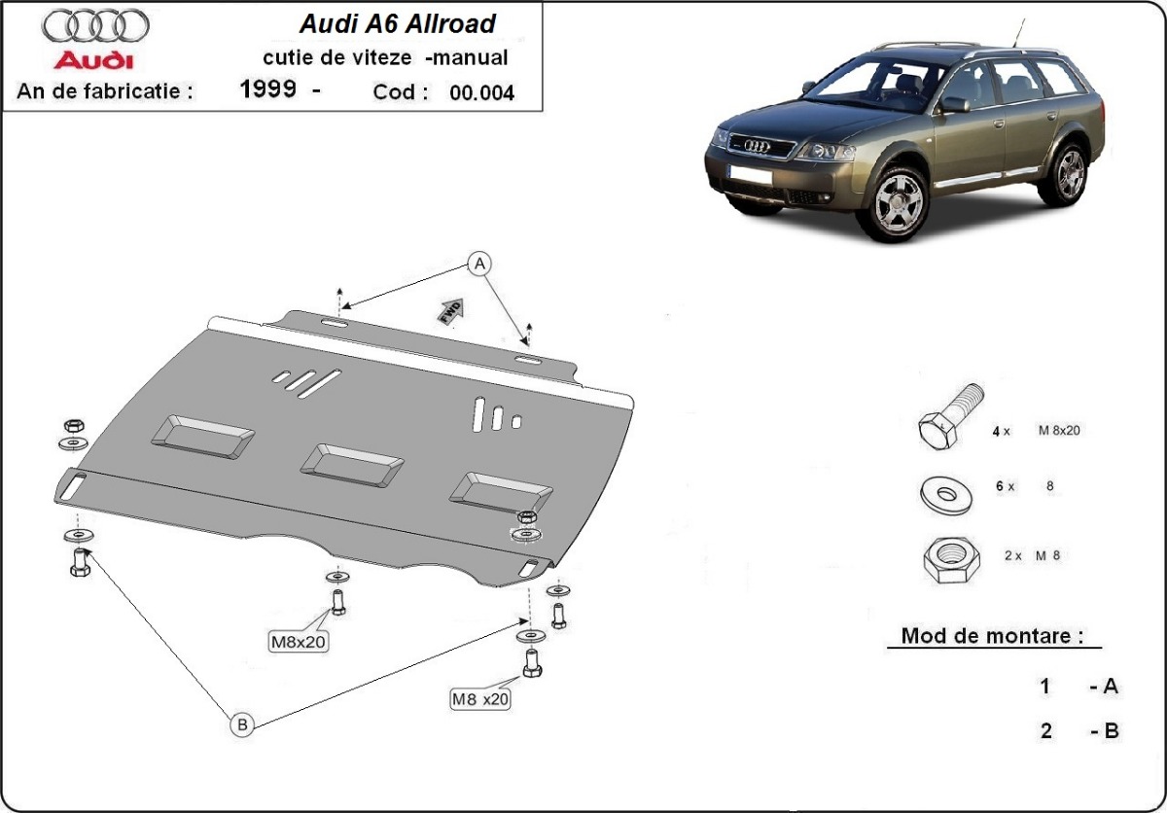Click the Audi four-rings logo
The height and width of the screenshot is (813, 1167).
pyautogui.click(x=96, y=26)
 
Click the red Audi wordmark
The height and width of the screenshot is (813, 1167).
pyautogui.click(x=93, y=61)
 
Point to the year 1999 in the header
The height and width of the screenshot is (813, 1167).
pyautogui.click(x=268, y=91)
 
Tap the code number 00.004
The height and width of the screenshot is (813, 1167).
pyautogui.click(x=481, y=93)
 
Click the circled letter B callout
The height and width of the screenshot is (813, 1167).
pyautogui.click(x=241, y=724)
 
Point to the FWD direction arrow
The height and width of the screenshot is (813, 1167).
pyautogui.click(x=451, y=309)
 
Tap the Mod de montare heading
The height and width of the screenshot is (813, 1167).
pyautogui.click(x=992, y=637)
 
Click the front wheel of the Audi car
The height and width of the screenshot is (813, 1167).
pyautogui.click(x=899, y=202)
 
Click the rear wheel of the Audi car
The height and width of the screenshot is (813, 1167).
pyautogui.click(x=1069, y=173)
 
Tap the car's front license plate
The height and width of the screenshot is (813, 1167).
pyautogui.click(x=746, y=175)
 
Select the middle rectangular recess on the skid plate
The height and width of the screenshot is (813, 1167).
pyautogui.click(x=351, y=464)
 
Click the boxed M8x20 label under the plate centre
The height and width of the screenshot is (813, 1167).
pyautogui.click(x=299, y=640)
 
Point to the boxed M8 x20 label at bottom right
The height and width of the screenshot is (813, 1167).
pyautogui.click(x=480, y=697)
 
